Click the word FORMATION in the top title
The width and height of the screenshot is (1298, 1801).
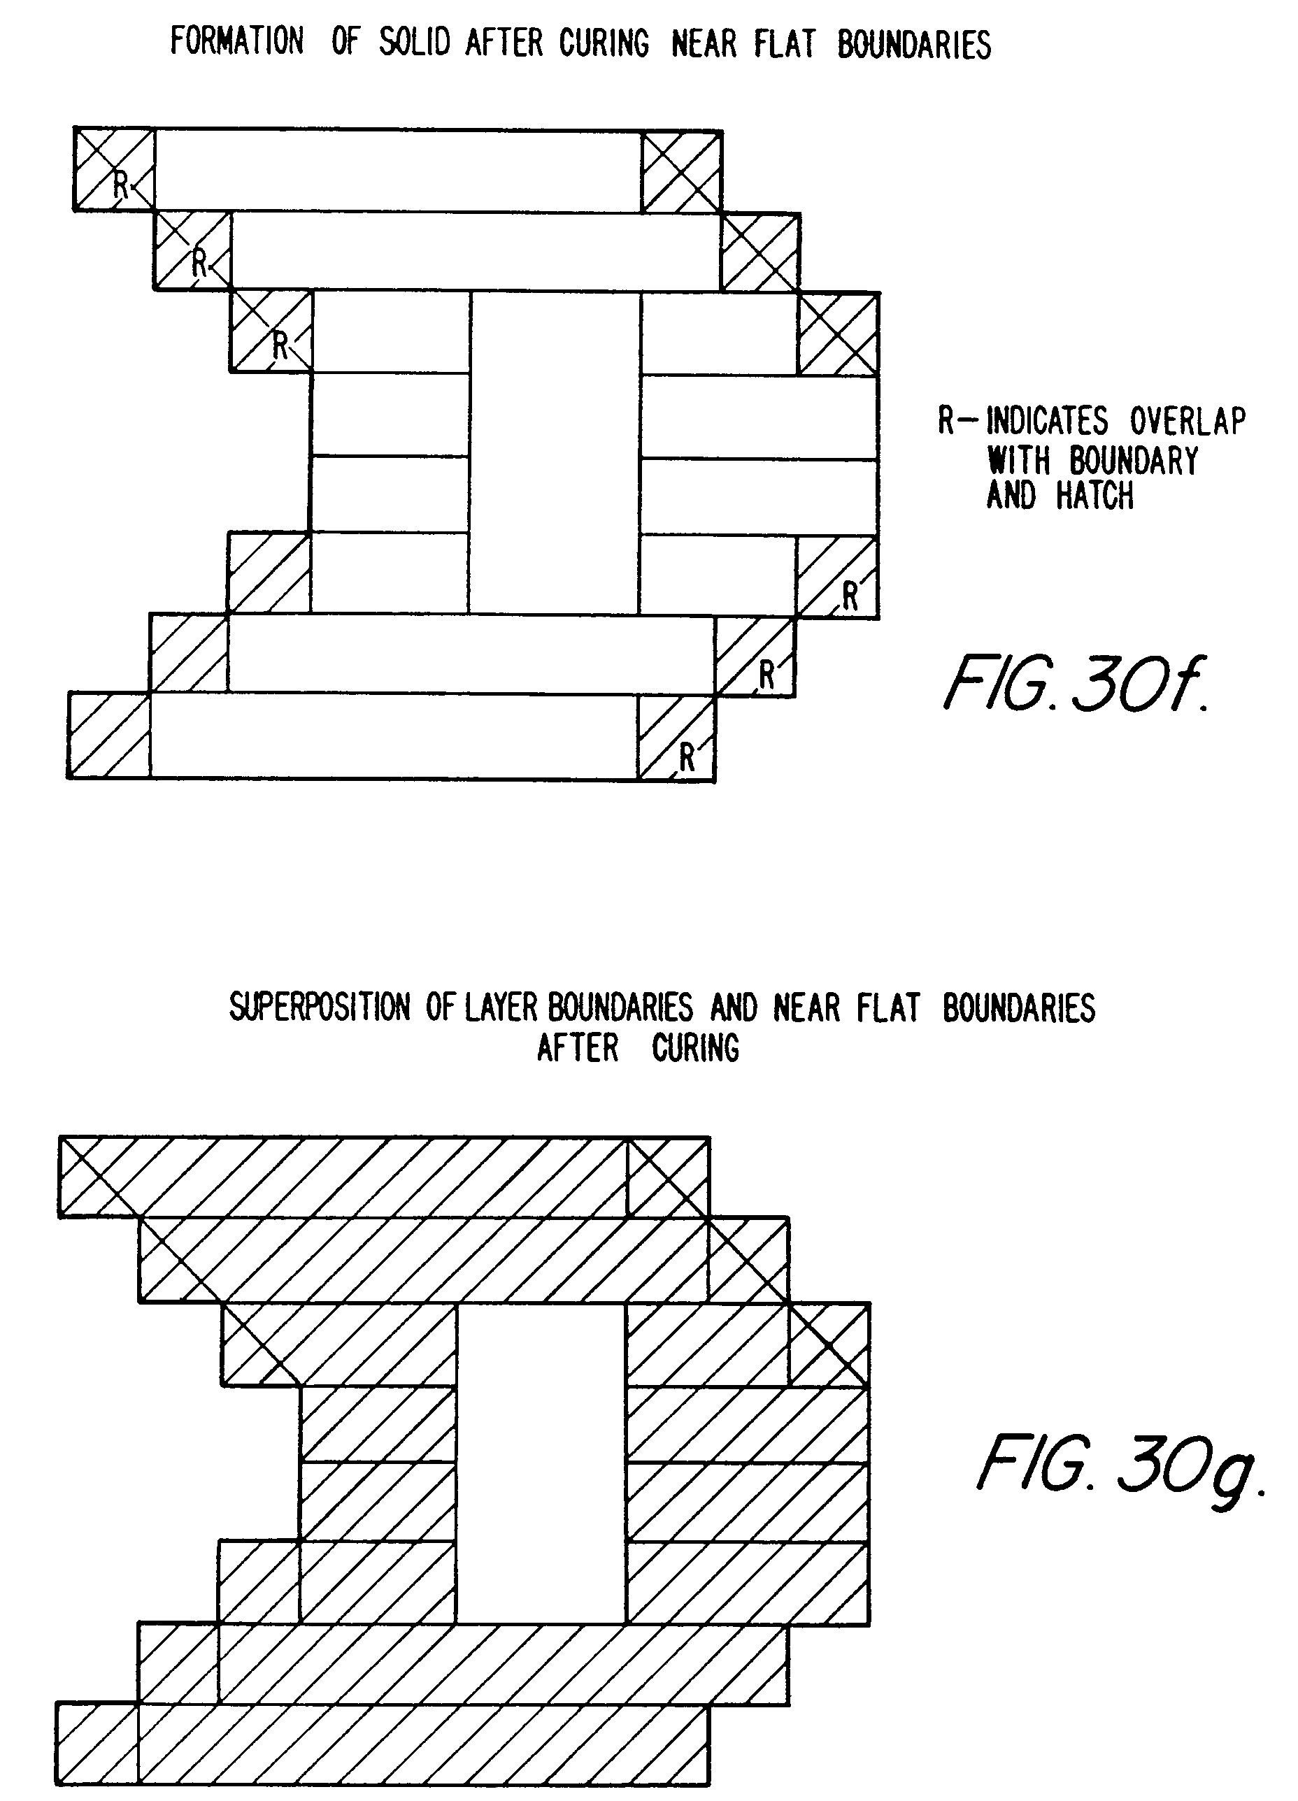point(236,42)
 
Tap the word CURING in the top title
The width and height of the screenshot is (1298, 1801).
point(604,43)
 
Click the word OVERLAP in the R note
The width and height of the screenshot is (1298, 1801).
point(1188,422)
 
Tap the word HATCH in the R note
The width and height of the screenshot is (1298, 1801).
point(1094,496)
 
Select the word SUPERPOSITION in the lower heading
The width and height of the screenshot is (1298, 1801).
point(320,1007)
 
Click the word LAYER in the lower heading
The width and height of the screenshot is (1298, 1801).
point(504,1007)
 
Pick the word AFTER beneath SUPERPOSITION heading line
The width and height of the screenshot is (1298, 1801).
point(578,1048)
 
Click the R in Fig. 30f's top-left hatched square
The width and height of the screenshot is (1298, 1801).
point(121,185)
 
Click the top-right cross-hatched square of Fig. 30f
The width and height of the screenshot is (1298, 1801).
point(682,171)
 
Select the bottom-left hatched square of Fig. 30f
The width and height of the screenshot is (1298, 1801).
point(109,735)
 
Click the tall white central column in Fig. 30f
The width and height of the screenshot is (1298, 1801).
point(555,452)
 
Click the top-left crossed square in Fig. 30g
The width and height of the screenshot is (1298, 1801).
point(99,1177)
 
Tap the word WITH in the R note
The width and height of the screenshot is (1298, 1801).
point(1018,461)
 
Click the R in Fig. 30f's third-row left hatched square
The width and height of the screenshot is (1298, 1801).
point(280,345)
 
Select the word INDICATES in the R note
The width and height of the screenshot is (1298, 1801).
point(1046,422)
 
